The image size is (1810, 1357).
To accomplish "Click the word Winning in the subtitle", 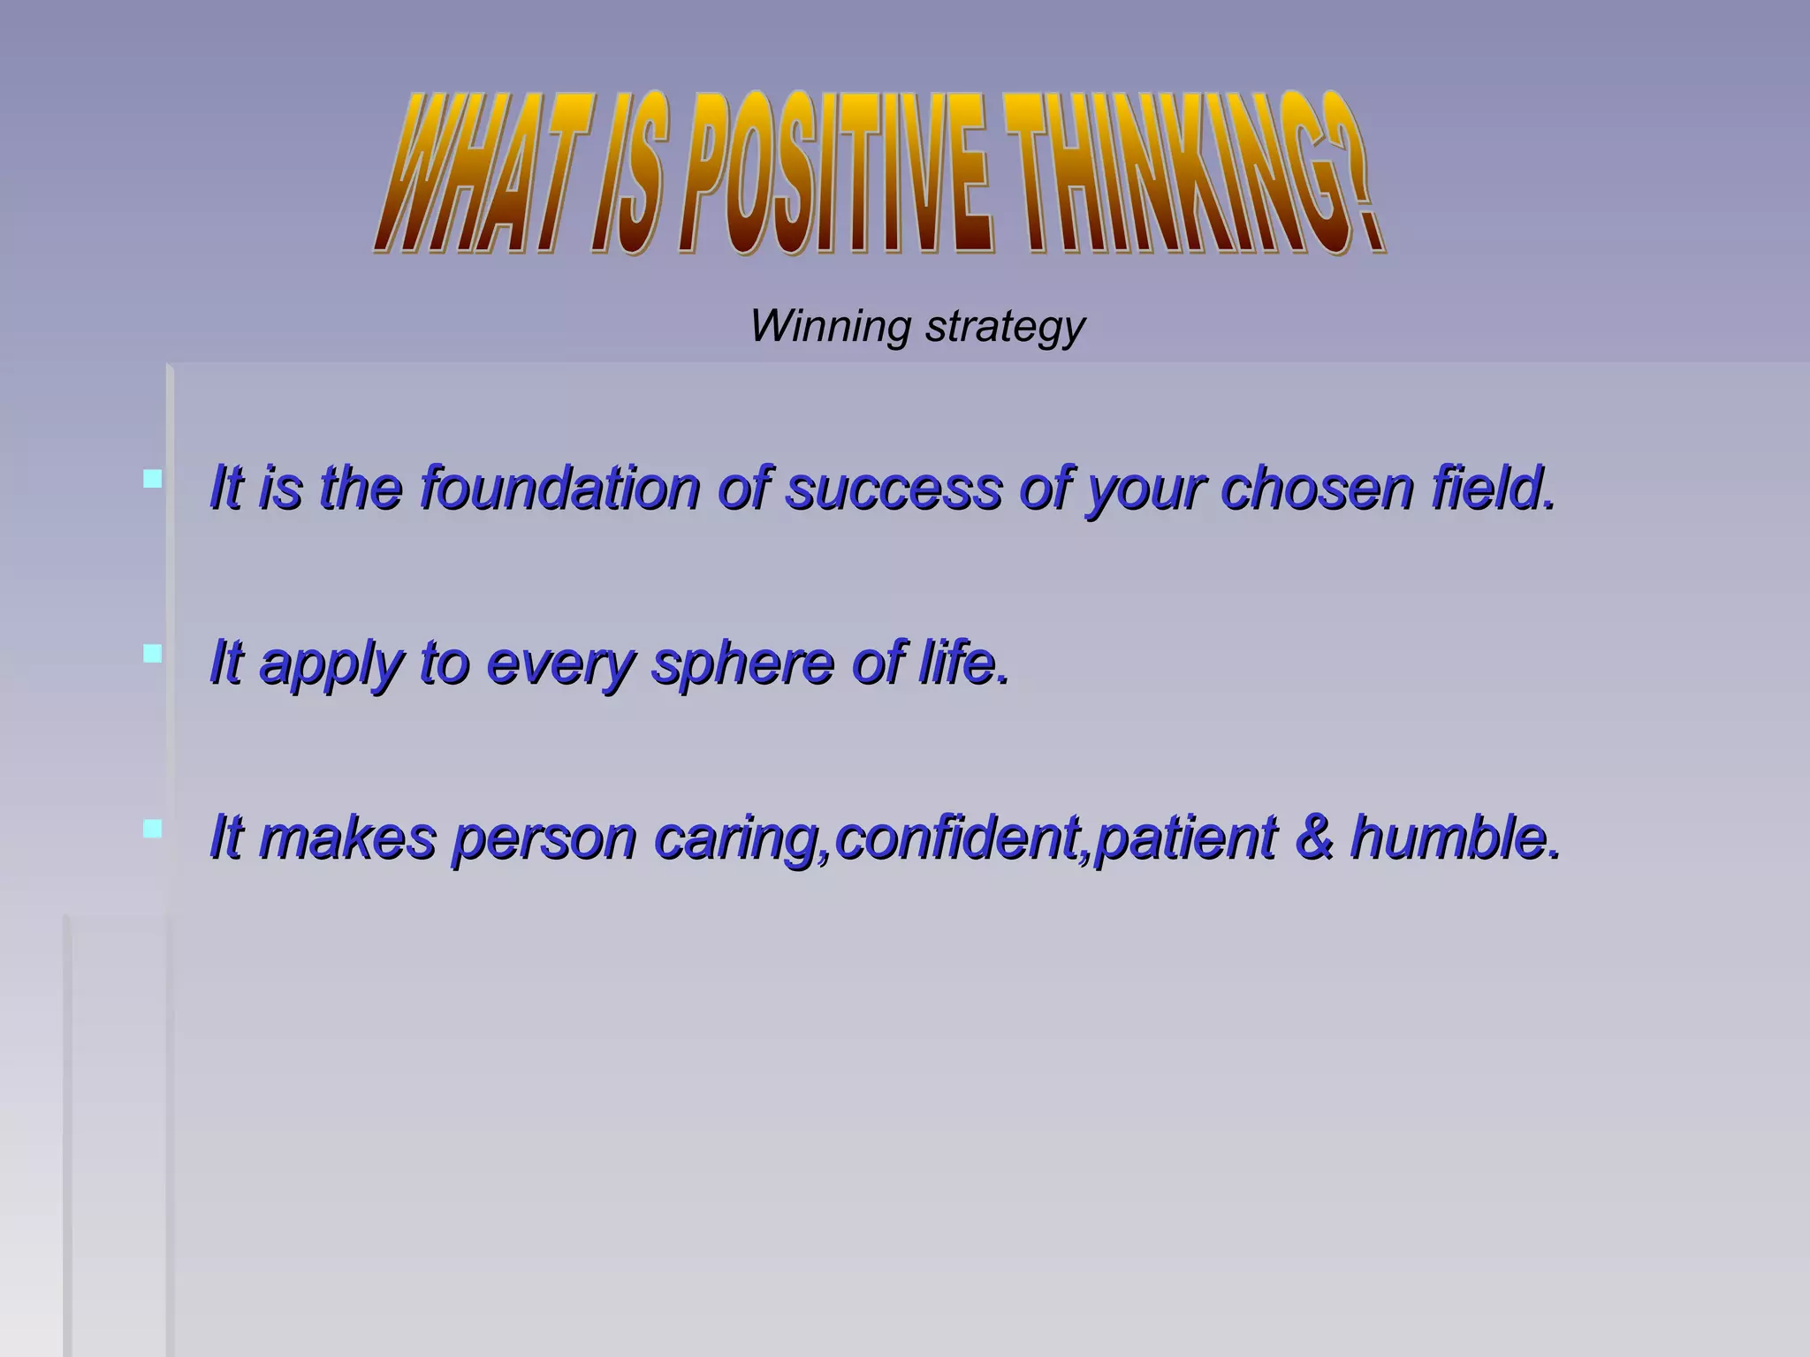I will tap(830, 325).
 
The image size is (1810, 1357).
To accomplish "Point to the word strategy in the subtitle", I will tap(1005, 327).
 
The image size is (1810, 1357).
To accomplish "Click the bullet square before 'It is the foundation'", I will tap(152, 479).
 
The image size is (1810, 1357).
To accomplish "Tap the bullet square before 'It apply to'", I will tap(152, 654).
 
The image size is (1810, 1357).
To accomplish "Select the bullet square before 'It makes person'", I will tap(152, 829).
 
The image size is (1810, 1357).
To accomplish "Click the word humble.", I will tap(1455, 837).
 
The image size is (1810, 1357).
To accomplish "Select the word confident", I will tap(960, 837).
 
